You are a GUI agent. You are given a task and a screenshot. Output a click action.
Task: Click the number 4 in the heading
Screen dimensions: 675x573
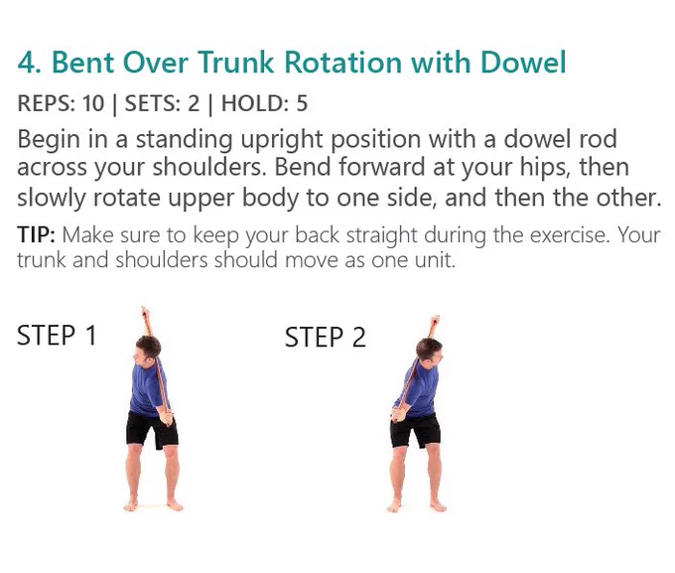(27, 63)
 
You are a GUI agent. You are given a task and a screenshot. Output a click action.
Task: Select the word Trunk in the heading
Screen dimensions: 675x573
(236, 63)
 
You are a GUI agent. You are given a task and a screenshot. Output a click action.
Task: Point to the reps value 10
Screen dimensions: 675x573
(93, 103)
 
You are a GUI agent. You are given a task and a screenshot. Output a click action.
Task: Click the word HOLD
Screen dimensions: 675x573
(254, 103)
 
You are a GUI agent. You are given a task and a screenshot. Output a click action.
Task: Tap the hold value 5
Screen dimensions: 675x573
(302, 103)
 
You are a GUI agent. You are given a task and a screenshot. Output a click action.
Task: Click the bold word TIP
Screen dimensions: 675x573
(36, 235)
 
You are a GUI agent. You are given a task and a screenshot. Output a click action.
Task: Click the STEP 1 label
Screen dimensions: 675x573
(57, 336)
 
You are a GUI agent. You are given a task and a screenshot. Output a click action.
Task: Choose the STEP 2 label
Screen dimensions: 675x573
(325, 337)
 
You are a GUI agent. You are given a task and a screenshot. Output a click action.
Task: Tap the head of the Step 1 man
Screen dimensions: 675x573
(147, 350)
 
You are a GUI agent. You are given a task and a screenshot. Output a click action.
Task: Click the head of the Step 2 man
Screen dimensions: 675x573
(430, 351)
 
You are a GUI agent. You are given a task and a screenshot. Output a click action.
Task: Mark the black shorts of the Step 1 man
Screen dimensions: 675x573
(152, 429)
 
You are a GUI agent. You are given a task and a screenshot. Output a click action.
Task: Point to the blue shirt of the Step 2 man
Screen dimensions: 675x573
(418, 388)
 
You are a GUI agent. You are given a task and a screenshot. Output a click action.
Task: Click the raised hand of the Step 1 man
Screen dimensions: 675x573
(145, 312)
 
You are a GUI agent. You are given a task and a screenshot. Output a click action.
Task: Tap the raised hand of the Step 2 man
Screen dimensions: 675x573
(435, 320)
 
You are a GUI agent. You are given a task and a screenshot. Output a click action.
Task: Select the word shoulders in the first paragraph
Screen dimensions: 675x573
(205, 168)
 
